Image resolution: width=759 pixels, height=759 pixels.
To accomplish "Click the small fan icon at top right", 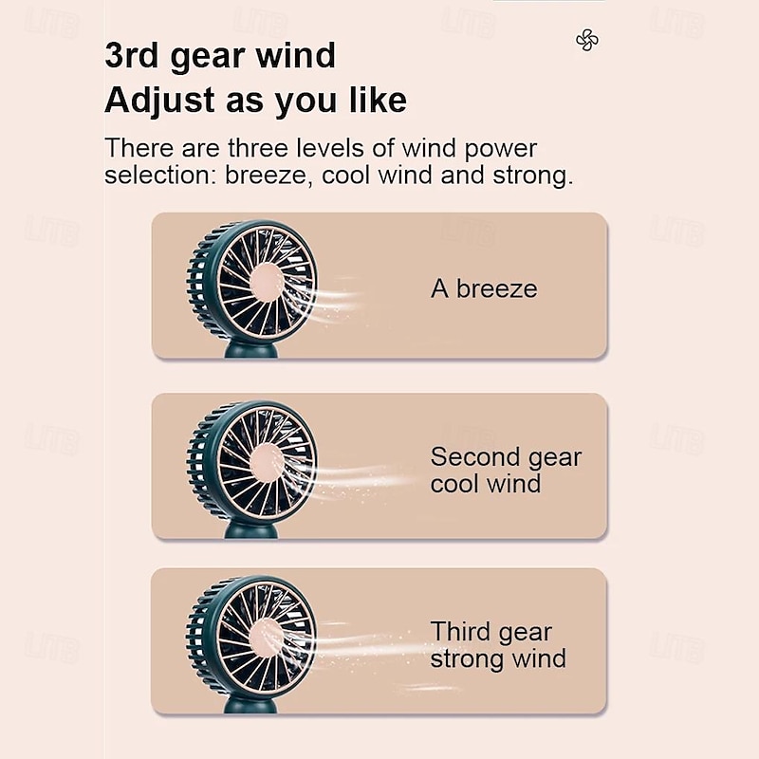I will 587,40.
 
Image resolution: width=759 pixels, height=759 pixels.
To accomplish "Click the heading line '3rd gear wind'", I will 219,56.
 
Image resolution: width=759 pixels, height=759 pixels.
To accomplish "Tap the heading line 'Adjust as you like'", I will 255,100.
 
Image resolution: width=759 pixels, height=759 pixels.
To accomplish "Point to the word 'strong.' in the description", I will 532,176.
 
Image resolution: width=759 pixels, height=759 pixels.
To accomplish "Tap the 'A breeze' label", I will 484,289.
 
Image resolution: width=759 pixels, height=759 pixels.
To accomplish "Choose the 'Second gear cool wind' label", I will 505,471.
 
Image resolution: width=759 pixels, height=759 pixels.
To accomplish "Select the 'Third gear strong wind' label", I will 498,645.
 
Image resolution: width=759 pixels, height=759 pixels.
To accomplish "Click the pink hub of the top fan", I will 267,282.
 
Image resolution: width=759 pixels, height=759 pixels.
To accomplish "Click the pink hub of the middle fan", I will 267,461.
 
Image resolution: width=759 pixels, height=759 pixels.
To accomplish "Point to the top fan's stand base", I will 250,351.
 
